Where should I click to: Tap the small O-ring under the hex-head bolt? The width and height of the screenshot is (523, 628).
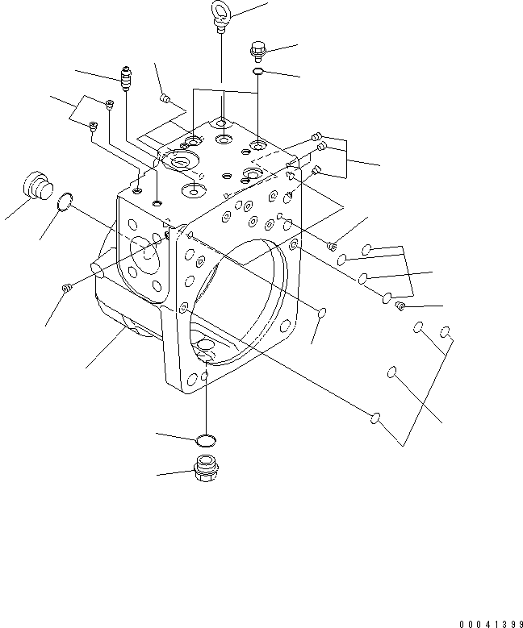(257, 73)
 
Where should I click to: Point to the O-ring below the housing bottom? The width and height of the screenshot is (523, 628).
(206, 439)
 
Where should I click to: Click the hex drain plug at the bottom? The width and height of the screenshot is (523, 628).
(206, 467)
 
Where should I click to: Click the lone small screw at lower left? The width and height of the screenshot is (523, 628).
(68, 287)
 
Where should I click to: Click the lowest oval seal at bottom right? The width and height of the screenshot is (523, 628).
(374, 418)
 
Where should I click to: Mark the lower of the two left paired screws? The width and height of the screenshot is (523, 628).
(93, 125)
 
